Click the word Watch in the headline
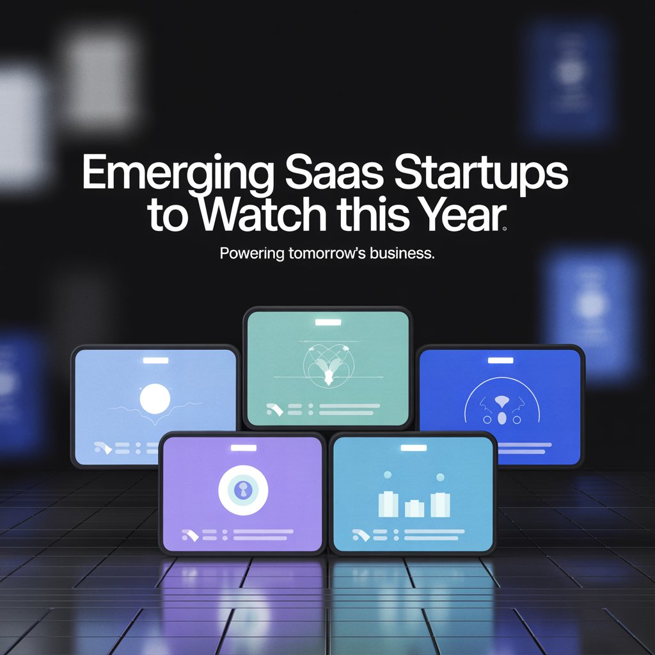[262, 214]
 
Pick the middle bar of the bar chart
[414, 509]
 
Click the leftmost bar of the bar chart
[388, 504]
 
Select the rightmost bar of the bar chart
[440, 505]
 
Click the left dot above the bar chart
[388, 475]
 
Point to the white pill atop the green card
[328, 322]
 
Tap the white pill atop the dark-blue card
[500, 361]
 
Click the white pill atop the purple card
[244, 448]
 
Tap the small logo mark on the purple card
[190, 535]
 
